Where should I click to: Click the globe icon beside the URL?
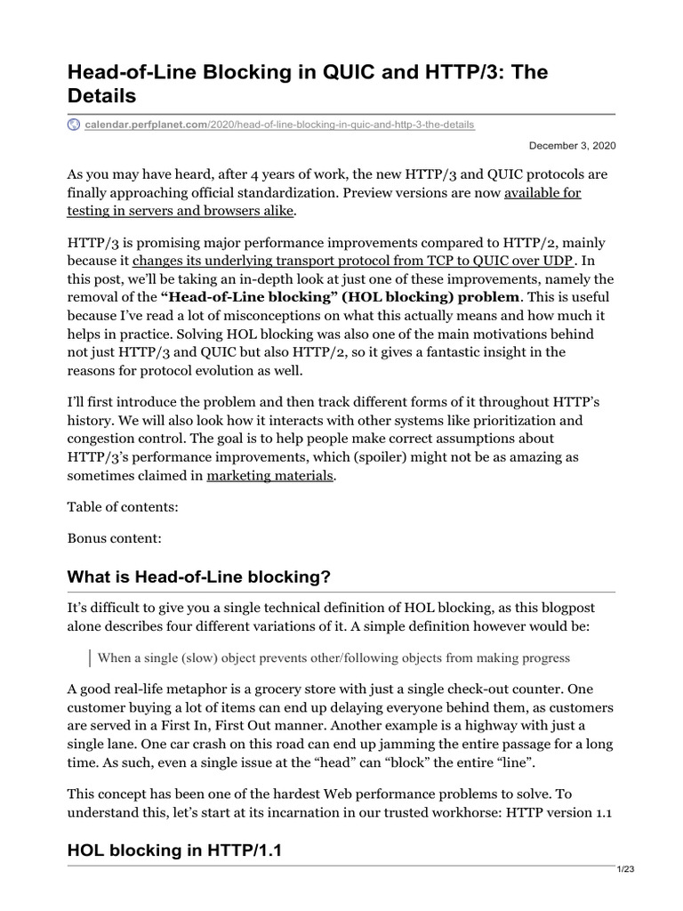click(x=74, y=125)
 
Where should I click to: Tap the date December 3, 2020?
click(x=572, y=145)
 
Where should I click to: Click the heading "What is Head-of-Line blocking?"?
click(x=199, y=577)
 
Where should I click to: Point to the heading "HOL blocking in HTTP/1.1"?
click(x=174, y=850)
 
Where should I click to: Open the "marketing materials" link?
click(x=270, y=476)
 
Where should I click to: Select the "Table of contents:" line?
click(x=123, y=507)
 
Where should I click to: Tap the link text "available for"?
click(x=542, y=193)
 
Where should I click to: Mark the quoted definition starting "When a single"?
click(x=333, y=657)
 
